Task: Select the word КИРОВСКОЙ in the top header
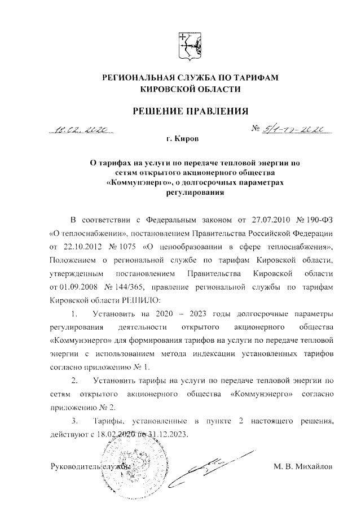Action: click(x=165, y=89)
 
